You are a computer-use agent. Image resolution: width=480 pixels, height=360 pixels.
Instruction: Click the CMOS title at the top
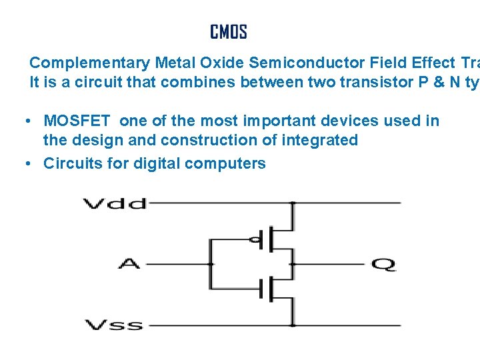(229, 32)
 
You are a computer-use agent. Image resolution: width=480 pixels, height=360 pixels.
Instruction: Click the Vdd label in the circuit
(114, 203)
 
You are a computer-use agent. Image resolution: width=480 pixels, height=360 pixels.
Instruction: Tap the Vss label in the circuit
(114, 325)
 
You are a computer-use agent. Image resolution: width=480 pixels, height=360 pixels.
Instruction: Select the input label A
(129, 264)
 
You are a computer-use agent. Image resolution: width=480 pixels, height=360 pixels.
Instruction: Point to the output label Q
(383, 265)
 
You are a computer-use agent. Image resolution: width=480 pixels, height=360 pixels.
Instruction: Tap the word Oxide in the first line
(223, 63)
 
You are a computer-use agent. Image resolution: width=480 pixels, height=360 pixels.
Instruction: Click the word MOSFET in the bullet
(79, 121)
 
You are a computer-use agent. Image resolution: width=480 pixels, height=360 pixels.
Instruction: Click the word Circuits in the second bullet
(70, 163)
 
